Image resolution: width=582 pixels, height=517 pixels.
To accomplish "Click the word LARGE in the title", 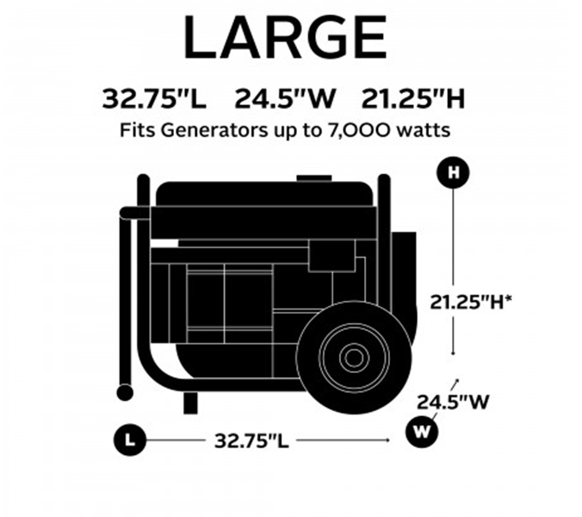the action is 286,37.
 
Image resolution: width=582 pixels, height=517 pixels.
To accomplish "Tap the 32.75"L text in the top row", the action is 154,99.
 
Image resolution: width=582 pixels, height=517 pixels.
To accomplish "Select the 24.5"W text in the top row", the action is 285,99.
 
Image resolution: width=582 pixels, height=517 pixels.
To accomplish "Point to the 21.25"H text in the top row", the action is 413,99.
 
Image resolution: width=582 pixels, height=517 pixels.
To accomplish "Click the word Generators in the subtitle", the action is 214,130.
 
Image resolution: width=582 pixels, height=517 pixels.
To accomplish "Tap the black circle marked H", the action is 453,172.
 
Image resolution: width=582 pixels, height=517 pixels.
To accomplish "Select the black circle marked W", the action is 421,432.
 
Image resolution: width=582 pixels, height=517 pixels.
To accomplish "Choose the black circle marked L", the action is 129,440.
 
